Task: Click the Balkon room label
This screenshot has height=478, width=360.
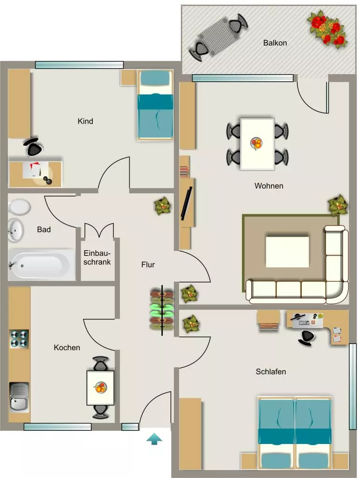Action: click(275, 43)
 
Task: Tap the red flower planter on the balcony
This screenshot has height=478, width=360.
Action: click(327, 28)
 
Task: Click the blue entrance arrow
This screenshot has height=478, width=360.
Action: click(154, 439)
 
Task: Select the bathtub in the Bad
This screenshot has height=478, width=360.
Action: click(42, 265)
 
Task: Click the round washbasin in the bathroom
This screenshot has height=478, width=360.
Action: click(15, 230)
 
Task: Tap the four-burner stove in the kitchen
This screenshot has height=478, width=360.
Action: click(19, 339)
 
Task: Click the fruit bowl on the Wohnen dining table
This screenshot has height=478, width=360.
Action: click(257, 143)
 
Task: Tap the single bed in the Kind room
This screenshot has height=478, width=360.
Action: click(155, 105)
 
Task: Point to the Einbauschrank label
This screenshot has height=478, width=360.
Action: click(97, 258)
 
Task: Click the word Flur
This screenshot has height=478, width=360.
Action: click(148, 265)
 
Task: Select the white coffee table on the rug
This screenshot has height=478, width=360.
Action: click(287, 252)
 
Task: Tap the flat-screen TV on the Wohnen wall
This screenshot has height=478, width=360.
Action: click(187, 204)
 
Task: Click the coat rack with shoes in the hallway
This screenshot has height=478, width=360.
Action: click(162, 310)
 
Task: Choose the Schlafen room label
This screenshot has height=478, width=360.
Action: click(271, 372)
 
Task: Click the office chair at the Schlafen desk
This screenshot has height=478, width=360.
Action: click(306, 337)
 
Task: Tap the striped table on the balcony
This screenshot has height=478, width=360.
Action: click(218, 37)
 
